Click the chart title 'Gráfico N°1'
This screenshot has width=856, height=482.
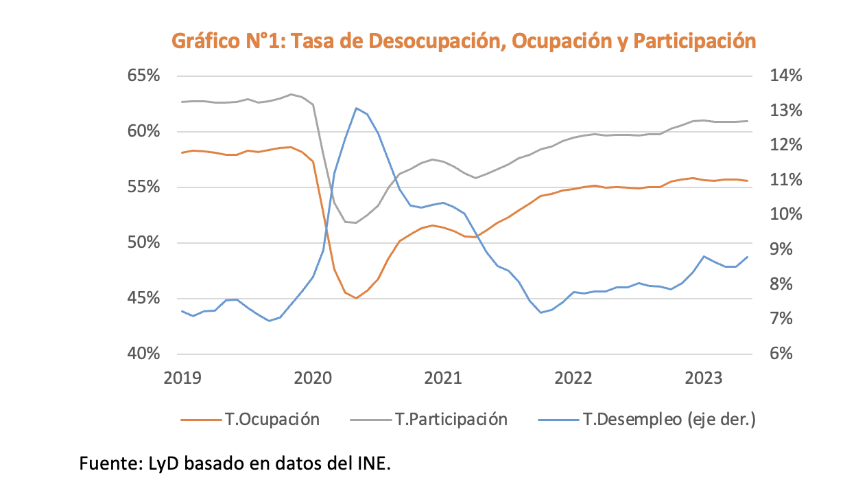(x=463, y=41)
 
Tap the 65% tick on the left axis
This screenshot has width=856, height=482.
(x=143, y=76)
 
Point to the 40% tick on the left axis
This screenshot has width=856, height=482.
(x=143, y=354)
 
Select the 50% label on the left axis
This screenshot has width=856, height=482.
(x=143, y=243)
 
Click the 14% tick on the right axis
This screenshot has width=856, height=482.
(x=785, y=76)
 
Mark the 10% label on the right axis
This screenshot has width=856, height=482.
(x=785, y=215)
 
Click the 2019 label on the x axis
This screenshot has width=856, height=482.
(x=182, y=378)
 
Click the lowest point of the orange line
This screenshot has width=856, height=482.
(x=356, y=298)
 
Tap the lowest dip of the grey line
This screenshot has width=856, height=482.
(x=355, y=222)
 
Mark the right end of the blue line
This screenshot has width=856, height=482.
(x=747, y=257)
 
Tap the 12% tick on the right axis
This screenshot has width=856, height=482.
(x=785, y=145)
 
